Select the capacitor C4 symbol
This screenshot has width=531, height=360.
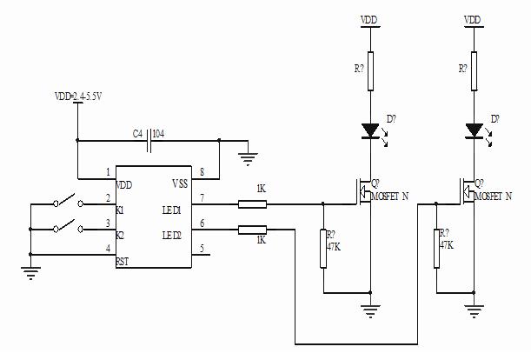coord(149,137)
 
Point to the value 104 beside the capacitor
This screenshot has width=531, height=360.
coord(160,133)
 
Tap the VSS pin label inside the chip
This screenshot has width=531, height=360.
coord(179,184)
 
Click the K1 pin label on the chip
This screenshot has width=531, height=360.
coord(120,210)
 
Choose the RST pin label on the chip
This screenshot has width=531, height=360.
coord(123,260)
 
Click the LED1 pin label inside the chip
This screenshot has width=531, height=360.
coord(170,210)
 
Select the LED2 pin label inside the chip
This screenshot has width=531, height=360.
coord(170,236)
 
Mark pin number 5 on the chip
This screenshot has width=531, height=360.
coord(202,249)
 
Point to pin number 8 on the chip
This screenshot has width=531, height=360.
coord(202,172)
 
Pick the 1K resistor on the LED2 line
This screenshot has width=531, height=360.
coord(253,230)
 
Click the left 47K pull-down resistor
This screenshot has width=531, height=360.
coord(323,249)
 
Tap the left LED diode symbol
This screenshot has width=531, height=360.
coord(370,131)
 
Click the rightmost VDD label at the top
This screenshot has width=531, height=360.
coord(473,19)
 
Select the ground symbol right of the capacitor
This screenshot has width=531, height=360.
coord(248,157)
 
